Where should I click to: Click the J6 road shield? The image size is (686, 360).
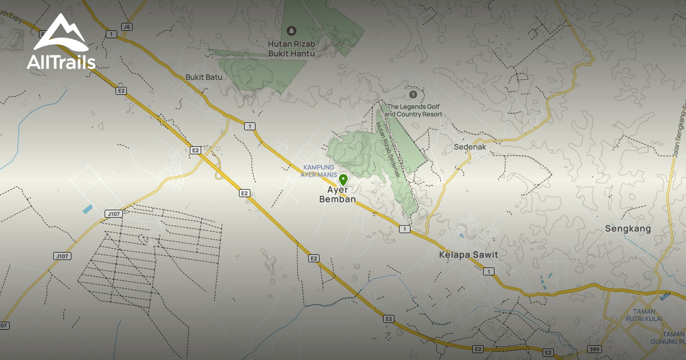click(x=126, y=27)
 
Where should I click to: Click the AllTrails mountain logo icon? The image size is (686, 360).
click(x=60, y=34)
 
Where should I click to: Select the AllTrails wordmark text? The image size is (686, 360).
click(x=61, y=62)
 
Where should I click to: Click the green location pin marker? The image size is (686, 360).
click(x=343, y=179)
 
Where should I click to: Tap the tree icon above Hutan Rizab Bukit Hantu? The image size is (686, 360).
click(x=292, y=30)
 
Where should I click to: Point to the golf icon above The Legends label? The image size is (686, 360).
click(x=413, y=94)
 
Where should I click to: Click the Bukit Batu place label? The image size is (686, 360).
click(x=204, y=77)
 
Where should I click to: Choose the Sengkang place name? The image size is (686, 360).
click(x=628, y=229)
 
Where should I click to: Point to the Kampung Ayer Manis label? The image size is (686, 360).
click(x=318, y=171)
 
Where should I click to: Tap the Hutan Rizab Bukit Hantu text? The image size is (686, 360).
click(x=292, y=48)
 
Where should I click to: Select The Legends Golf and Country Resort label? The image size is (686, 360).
click(x=414, y=110)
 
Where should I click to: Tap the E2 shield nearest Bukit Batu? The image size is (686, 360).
click(x=121, y=90)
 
